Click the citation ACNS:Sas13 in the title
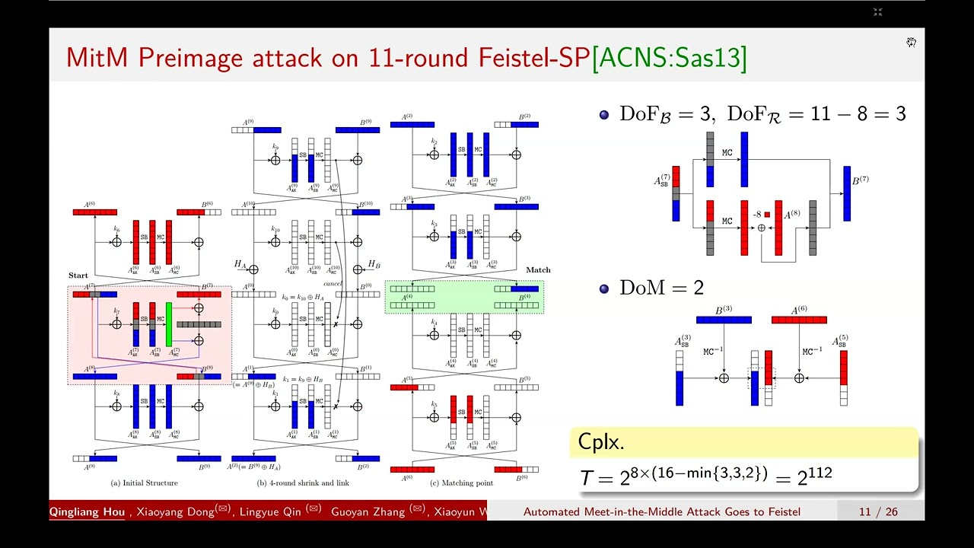pyautogui.click(x=669, y=57)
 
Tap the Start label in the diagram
pyautogui.click(x=78, y=276)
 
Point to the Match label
pyautogui.click(x=538, y=270)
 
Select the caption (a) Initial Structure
pyautogui.click(x=145, y=483)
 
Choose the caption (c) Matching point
pyautogui.click(x=461, y=483)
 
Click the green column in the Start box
pyautogui.click(x=169, y=323)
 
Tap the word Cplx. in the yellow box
pyautogui.click(x=601, y=441)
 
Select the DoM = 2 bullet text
pyautogui.click(x=660, y=288)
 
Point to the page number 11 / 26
pyautogui.click(x=878, y=511)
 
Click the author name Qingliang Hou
pyautogui.click(x=87, y=511)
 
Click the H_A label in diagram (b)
pyautogui.click(x=240, y=264)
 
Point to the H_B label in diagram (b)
pyautogui.click(x=374, y=264)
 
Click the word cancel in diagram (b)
pyautogui.click(x=333, y=283)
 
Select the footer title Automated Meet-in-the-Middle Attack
pyautogui.click(x=661, y=511)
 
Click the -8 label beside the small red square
pyautogui.click(x=757, y=215)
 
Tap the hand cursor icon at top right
pyautogui.click(x=911, y=42)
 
